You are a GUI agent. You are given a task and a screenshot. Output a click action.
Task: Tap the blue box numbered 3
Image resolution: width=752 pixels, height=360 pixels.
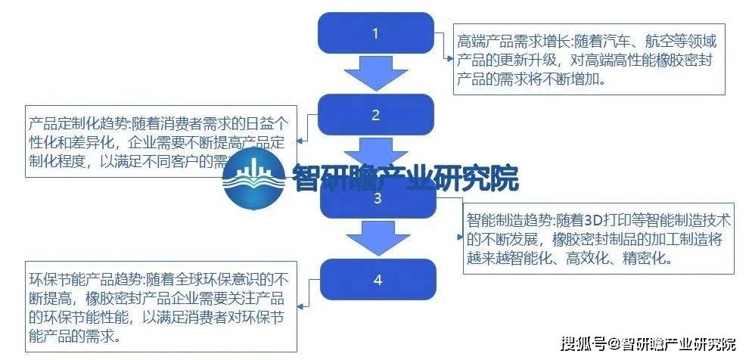tap(376, 199)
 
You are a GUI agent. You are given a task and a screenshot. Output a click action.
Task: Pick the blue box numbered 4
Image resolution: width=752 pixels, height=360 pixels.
tap(377, 280)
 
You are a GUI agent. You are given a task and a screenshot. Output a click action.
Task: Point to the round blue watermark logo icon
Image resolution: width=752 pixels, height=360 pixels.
tap(253, 178)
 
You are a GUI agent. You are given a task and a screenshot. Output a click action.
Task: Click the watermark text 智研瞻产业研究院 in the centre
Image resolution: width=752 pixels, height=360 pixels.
tap(404, 179)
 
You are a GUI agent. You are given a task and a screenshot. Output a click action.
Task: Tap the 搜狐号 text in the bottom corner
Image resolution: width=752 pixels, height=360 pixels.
tap(580, 344)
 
